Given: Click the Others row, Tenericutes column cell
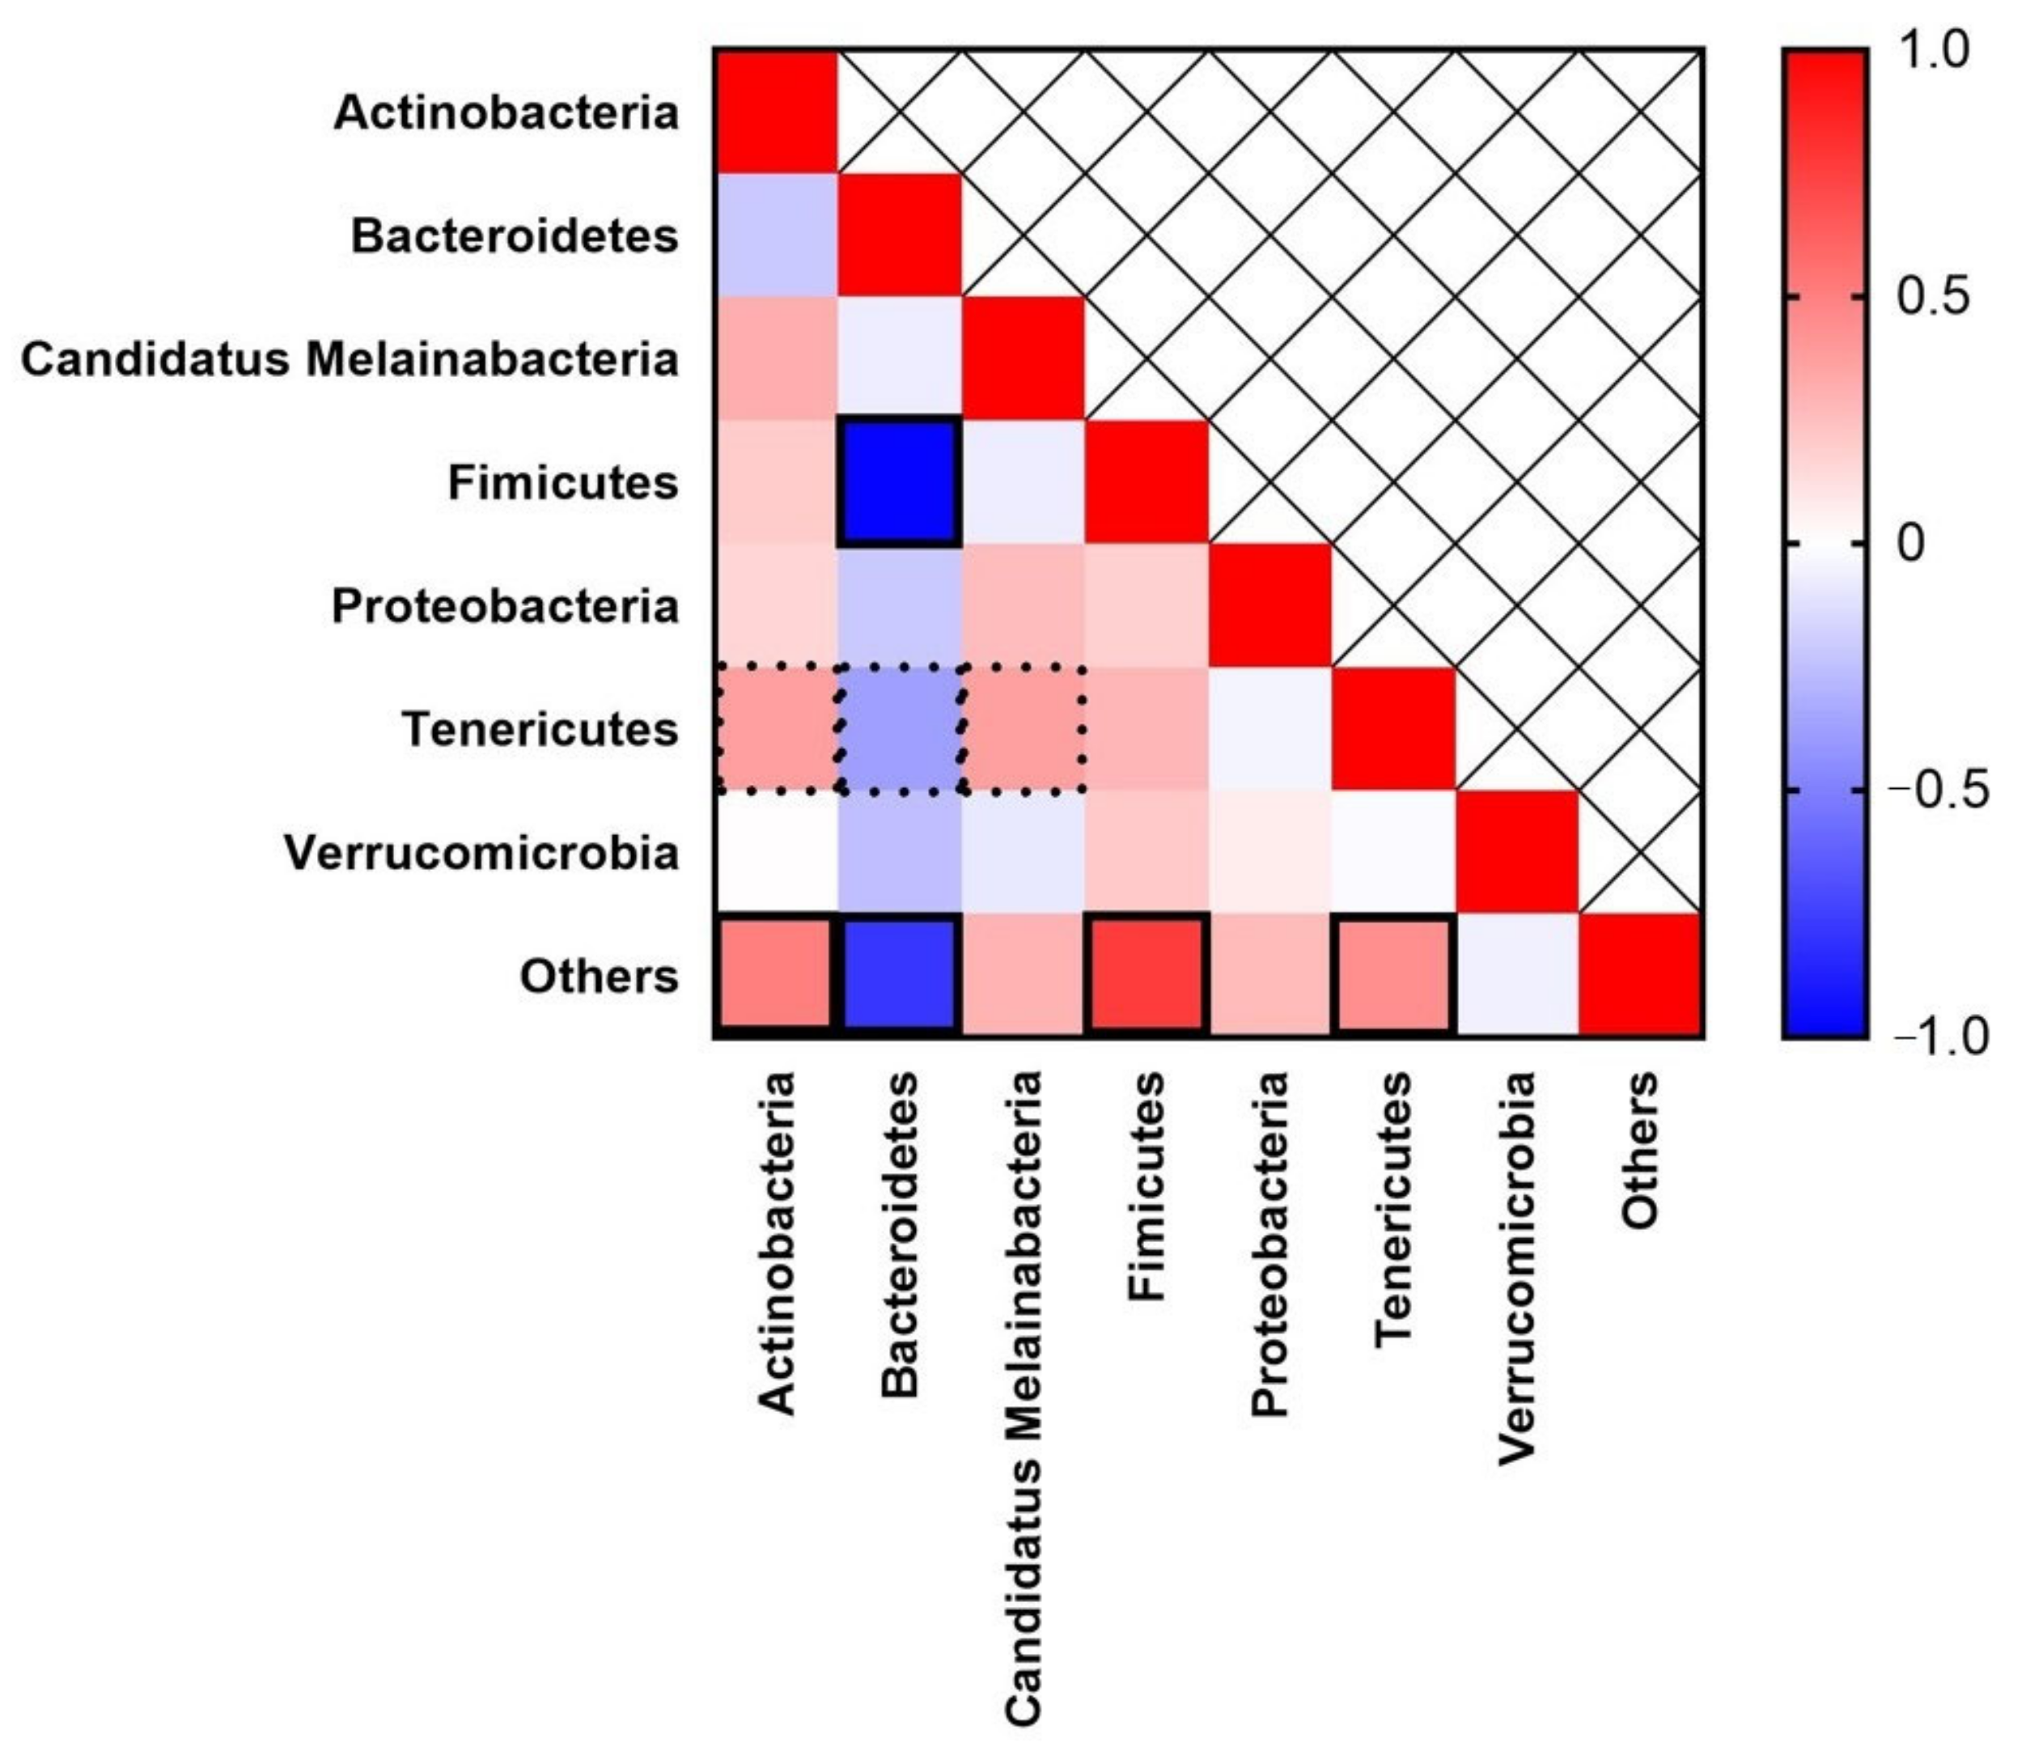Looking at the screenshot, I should (1392, 975).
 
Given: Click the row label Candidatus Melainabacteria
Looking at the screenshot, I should (350, 358).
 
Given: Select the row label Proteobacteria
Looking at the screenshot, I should (505, 606).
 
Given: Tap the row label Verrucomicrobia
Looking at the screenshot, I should (481, 853).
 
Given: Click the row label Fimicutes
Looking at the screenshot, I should (563, 483).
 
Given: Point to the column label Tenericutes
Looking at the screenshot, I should (1392, 1210).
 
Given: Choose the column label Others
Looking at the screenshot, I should (1640, 1150).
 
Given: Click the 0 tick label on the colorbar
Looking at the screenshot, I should (1909, 544).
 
